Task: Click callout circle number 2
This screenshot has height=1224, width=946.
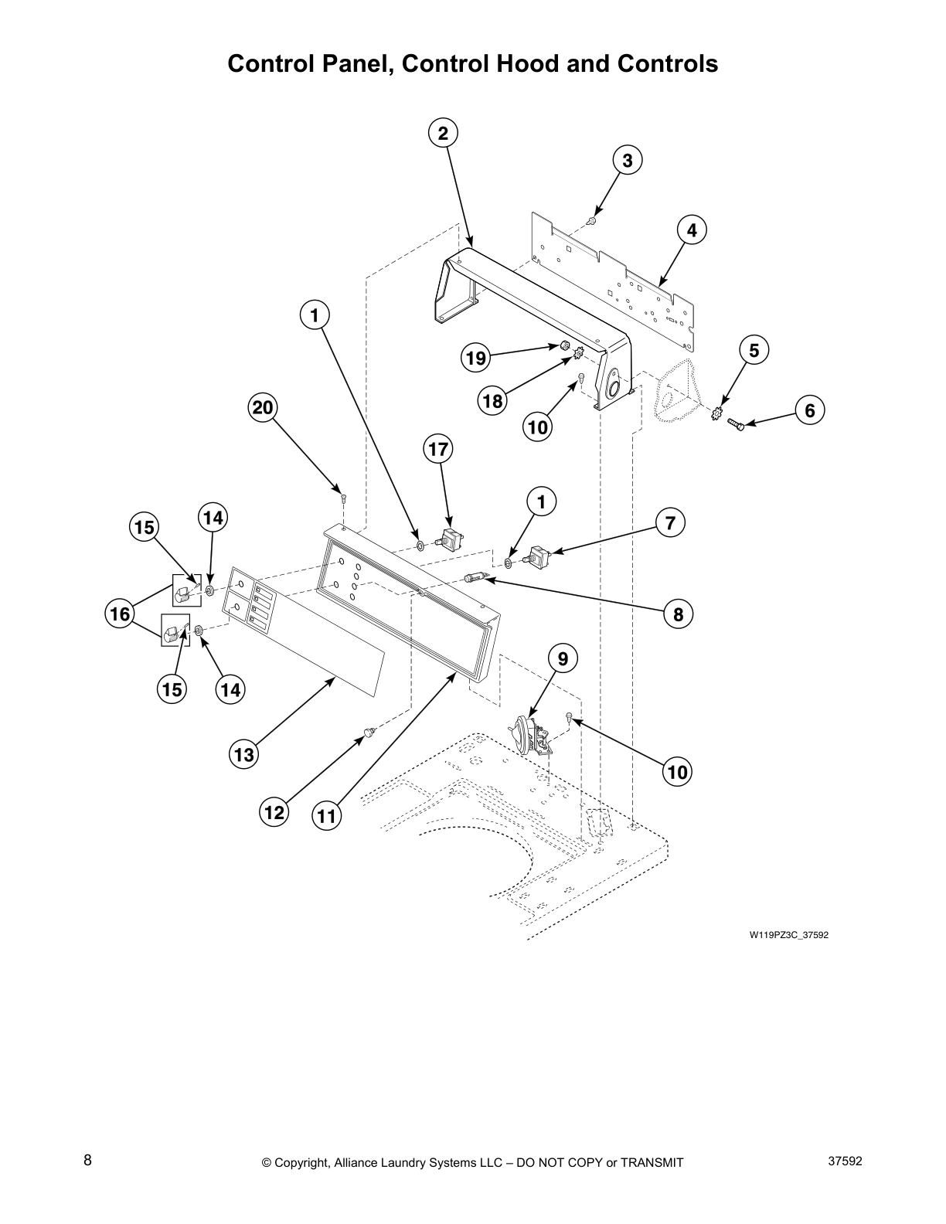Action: [443, 133]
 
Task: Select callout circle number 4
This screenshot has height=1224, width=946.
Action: [692, 230]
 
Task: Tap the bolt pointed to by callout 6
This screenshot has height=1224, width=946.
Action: [735, 424]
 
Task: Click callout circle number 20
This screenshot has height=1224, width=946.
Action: [264, 407]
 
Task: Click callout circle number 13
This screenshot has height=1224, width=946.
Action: [243, 754]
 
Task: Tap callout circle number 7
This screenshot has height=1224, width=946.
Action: [670, 523]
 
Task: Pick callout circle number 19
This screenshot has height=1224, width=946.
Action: [476, 358]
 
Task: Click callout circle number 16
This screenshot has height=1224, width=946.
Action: [121, 614]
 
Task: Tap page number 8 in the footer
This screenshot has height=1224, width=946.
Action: [87, 1161]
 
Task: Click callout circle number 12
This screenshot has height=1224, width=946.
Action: [274, 812]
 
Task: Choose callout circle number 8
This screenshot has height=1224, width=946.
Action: [678, 614]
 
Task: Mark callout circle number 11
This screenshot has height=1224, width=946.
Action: [327, 816]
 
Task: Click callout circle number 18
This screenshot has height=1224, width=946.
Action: [493, 401]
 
